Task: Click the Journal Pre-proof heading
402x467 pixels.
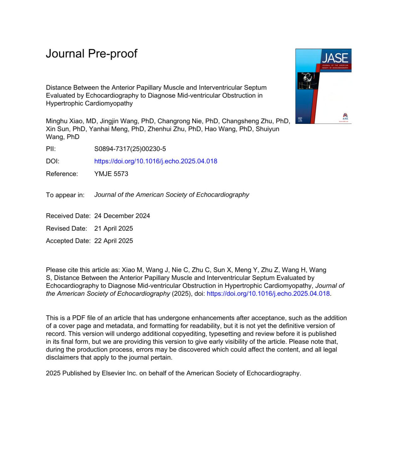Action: (x=91, y=54)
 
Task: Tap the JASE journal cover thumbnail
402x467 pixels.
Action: (x=323, y=86)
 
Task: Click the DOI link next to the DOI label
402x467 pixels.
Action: (x=155, y=161)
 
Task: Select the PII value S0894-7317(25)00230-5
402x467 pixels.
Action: (x=130, y=149)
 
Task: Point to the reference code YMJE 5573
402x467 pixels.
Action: (x=111, y=174)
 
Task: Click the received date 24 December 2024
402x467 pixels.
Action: (x=122, y=216)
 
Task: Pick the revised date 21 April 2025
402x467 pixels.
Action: (x=114, y=228)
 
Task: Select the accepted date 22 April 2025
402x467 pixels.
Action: (x=114, y=241)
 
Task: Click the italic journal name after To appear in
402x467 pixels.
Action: (x=172, y=195)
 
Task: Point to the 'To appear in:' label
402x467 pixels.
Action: (x=65, y=195)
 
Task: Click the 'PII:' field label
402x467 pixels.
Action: (x=51, y=149)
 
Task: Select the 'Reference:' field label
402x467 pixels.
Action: (x=62, y=174)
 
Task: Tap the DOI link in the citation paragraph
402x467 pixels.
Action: (x=268, y=293)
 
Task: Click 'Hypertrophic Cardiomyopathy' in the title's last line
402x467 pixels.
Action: (x=89, y=103)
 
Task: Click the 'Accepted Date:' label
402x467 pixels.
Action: (x=68, y=241)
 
